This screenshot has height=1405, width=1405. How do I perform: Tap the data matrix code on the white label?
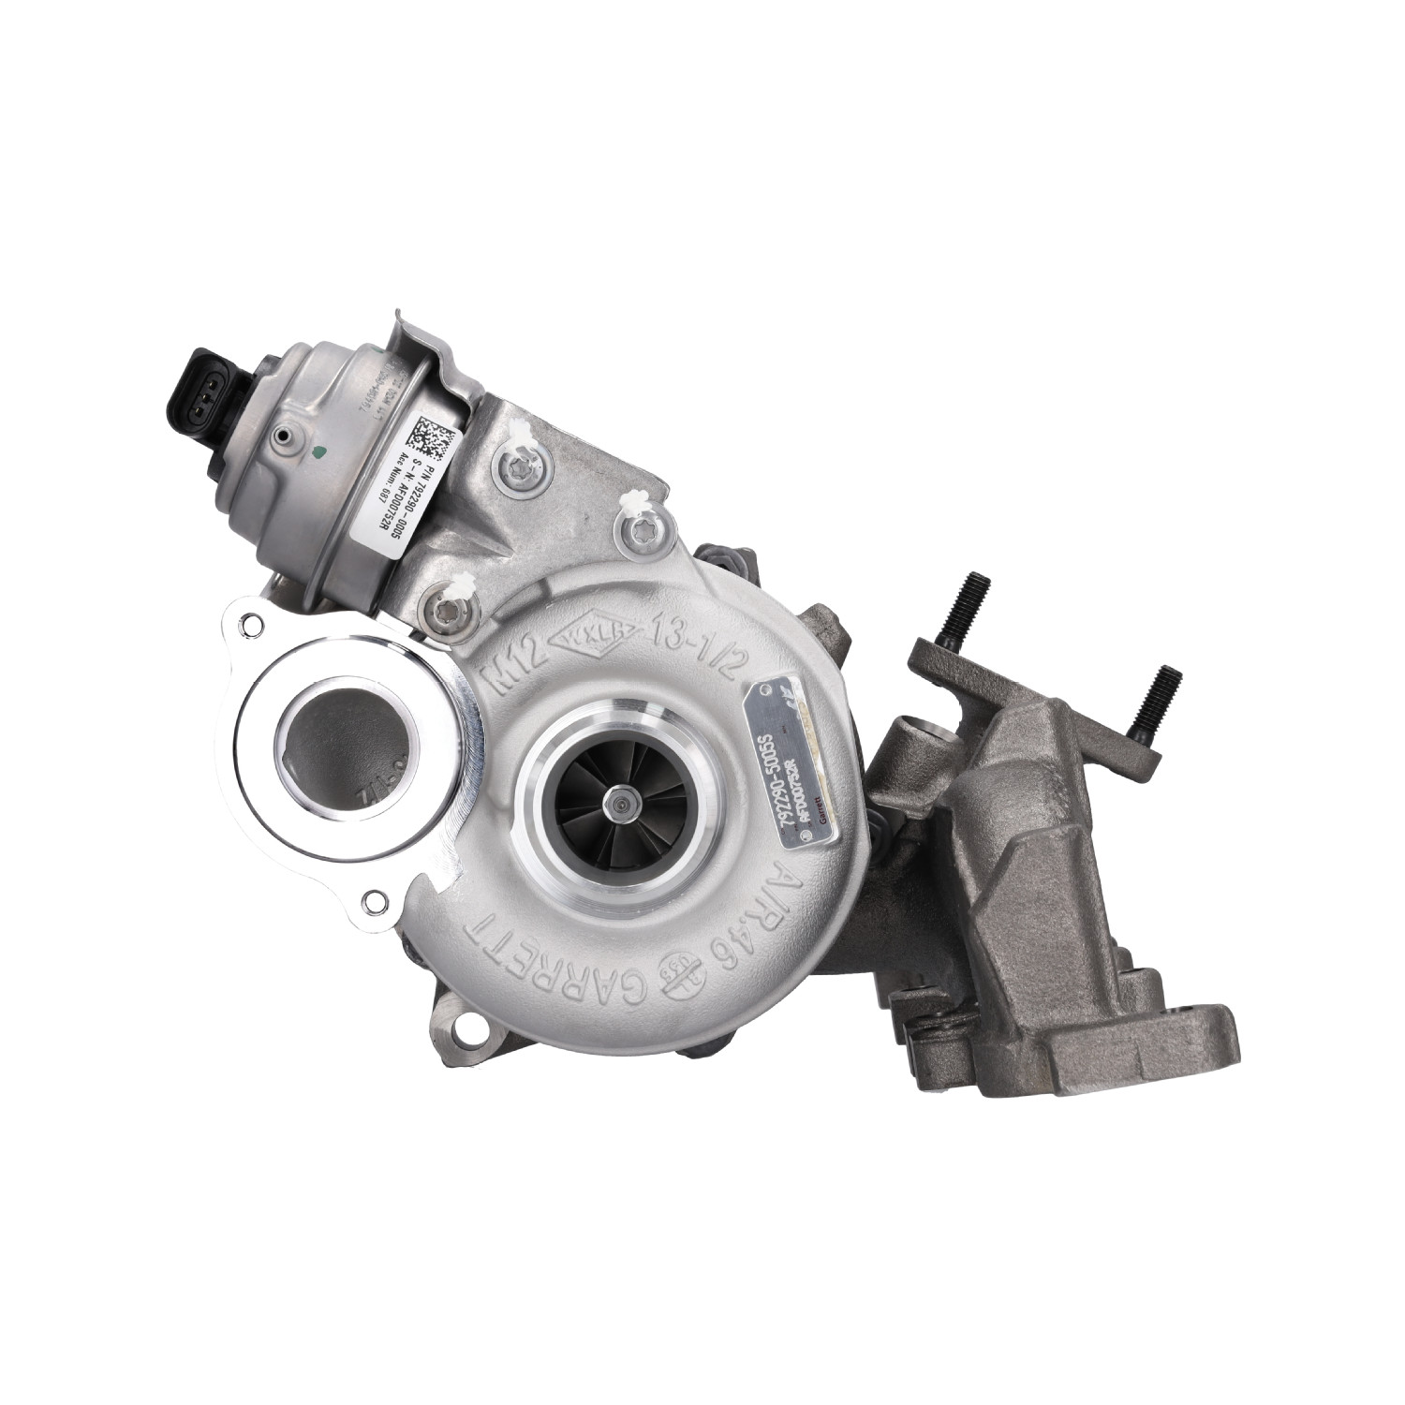coord(433,435)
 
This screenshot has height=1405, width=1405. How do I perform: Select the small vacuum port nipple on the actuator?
coord(282,436)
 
